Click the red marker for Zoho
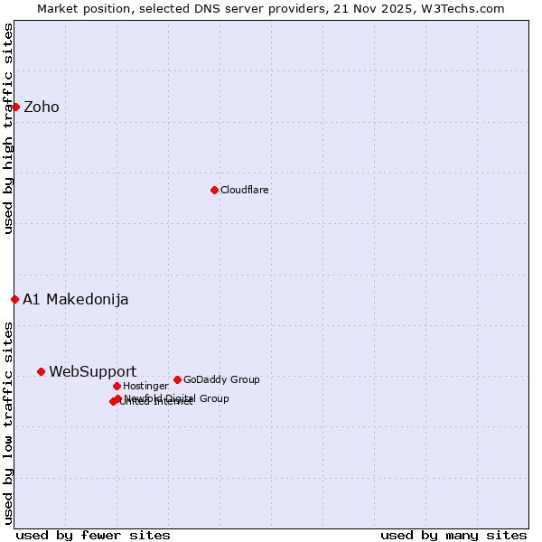tap(15, 107)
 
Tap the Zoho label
tap(42, 107)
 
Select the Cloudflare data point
tap(214, 190)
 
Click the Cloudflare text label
tap(245, 190)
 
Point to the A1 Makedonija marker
tap(14, 299)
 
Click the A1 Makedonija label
tap(76, 299)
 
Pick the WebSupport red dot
tap(41, 371)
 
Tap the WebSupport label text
tap(93, 371)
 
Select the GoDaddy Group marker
tap(177, 379)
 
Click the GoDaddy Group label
tap(221, 379)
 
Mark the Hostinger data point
tap(117, 386)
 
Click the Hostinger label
tap(146, 386)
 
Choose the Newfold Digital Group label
tap(177, 397)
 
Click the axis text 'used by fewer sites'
tap(93, 535)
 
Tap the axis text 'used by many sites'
tap(453, 535)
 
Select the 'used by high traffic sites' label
tap(8, 128)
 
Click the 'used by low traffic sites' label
tap(8, 422)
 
